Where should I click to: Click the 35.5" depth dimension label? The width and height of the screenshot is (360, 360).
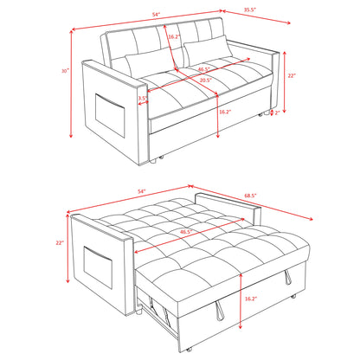click(250, 10)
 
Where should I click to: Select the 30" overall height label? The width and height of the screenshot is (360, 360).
click(66, 71)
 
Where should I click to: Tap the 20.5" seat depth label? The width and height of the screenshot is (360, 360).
click(206, 80)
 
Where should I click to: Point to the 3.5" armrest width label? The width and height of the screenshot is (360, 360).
click(142, 98)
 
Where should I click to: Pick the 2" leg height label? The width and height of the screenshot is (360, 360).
click(277, 112)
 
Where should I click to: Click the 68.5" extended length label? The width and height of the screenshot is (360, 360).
click(250, 196)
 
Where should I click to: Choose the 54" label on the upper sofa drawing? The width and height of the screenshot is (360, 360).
click(157, 14)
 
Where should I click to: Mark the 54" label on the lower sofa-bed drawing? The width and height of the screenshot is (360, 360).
click(142, 191)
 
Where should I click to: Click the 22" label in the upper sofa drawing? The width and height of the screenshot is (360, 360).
click(292, 75)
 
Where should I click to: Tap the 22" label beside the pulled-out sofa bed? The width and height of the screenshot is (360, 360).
click(60, 243)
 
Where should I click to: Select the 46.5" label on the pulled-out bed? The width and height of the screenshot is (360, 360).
click(186, 231)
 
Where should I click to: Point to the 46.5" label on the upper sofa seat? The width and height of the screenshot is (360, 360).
click(203, 69)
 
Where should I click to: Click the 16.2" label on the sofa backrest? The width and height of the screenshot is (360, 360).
click(174, 36)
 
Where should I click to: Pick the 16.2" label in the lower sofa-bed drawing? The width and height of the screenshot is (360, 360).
click(251, 299)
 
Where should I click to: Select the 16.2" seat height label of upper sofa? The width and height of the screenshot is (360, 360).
click(225, 112)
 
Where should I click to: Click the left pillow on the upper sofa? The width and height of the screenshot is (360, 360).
click(150, 63)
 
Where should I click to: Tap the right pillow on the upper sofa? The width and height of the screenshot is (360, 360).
click(209, 50)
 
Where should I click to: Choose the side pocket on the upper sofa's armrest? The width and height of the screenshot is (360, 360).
click(110, 115)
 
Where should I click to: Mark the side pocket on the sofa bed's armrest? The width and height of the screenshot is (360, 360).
click(98, 267)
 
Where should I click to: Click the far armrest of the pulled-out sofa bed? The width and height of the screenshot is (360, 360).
click(228, 209)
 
